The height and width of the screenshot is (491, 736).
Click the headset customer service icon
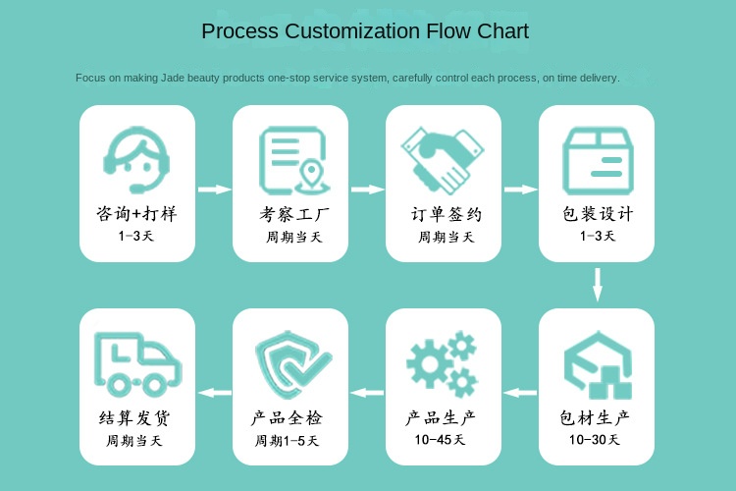click(137, 160)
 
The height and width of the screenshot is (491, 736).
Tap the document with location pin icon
click(291, 160)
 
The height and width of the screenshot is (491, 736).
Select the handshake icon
click(444, 160)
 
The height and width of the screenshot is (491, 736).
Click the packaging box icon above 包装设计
click(597, 160)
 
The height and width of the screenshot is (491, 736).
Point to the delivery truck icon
click(136, 363)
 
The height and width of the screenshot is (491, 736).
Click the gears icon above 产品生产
click(443, 363)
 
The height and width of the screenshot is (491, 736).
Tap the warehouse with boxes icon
click(597, 363)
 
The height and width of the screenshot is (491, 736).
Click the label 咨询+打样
click(137, 213)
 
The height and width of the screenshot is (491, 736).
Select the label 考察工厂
click(290, 213)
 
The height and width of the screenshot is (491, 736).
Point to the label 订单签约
click(444, 213)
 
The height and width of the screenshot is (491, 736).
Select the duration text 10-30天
click(595, 440)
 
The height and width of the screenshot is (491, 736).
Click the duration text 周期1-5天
click(288, 441)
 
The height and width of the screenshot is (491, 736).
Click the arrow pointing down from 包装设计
click(597, 285)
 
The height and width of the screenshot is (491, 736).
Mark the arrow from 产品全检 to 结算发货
click(214, 393)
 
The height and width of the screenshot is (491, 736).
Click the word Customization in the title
click(350, 31)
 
